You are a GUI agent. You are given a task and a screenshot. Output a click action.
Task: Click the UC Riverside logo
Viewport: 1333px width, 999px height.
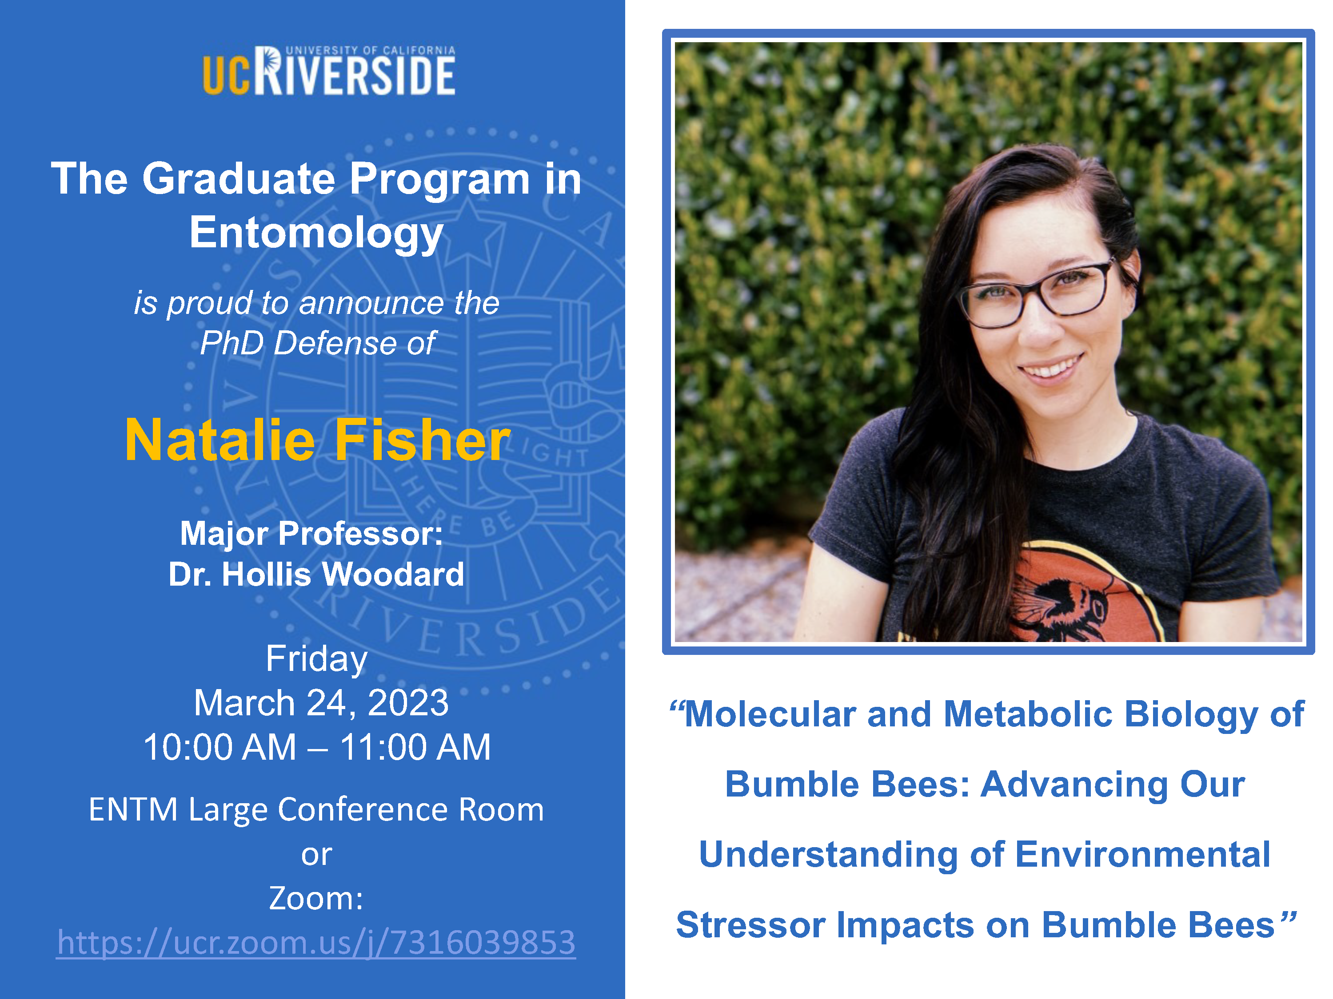(329, 71)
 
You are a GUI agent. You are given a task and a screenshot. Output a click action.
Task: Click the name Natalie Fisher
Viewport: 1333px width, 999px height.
(318, 440)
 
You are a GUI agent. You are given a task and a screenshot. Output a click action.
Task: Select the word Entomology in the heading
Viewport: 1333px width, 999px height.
(316, 234)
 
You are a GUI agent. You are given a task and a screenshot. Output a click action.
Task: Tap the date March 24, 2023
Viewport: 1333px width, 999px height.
(321, 703)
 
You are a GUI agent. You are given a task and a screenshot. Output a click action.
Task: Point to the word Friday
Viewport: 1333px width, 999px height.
(316, 659)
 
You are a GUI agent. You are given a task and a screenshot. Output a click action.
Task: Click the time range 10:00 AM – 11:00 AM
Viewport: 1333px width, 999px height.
(317, 747)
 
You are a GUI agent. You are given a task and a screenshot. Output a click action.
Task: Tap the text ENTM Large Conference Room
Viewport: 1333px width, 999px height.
(316, 809)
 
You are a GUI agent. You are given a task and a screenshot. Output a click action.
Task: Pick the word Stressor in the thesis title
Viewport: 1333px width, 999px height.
(750, 925)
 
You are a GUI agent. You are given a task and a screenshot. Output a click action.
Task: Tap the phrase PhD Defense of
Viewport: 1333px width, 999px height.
(318, 344)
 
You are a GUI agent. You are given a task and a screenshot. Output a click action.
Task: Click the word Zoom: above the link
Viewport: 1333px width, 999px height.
(316, 899)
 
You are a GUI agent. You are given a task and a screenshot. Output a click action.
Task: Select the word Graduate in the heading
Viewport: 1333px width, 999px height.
(239, 179)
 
